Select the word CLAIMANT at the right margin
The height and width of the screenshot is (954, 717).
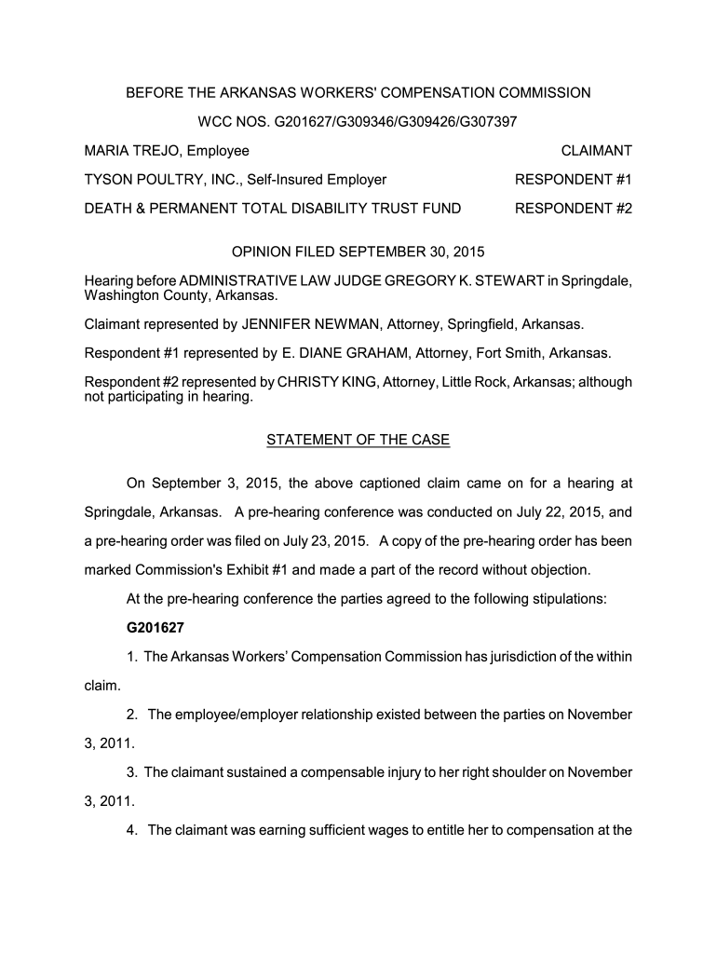click(x=596, y=150)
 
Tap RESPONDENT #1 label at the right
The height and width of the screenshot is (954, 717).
click(x=574, y=179)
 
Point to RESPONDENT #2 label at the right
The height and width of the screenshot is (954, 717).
click(x=574, y=208)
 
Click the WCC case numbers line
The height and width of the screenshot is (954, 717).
click(x=358, y=121)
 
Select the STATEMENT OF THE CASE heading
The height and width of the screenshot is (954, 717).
click(x=358, y=440)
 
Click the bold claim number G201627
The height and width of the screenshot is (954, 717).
click(x=157, y=627)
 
